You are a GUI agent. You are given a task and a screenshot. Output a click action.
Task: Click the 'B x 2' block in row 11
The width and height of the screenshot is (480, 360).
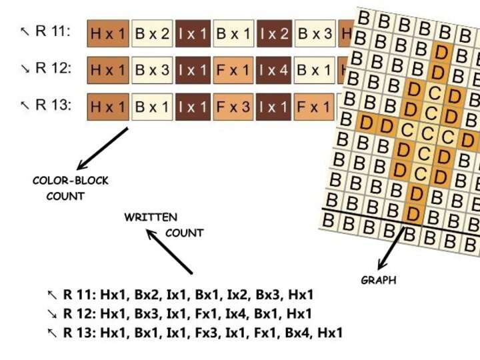153,34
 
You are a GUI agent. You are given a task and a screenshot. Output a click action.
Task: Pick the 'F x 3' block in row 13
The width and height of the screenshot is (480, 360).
233,107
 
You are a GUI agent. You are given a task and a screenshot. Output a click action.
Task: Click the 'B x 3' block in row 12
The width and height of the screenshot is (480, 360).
153,70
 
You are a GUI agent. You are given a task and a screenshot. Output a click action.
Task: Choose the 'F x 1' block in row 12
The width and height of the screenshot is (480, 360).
233,70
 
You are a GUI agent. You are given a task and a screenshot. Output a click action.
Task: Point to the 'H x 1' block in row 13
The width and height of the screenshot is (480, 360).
108,107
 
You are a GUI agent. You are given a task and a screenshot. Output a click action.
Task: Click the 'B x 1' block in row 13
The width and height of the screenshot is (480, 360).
153,107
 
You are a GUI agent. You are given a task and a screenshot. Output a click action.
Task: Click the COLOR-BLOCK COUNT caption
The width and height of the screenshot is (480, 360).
70,188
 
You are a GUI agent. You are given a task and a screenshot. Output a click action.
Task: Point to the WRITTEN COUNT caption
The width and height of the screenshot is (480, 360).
163,225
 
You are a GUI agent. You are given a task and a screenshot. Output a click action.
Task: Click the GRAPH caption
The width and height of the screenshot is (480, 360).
378,281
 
